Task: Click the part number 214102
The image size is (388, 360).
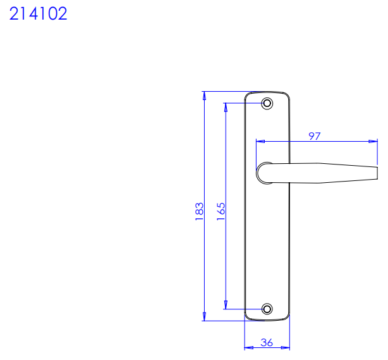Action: (x=39, y=13)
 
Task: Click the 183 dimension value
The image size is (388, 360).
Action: (x=199, y=211)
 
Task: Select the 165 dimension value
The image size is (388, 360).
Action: (x=221, y=211)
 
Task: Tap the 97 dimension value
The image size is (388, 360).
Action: (x=315, y=136)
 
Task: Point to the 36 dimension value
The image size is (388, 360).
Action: (x=267, y=343)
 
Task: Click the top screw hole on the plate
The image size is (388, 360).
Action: (x=267, y=103)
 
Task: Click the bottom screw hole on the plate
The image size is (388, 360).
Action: (x=267, y=309)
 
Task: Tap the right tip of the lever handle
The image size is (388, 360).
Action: (x=377, y=173)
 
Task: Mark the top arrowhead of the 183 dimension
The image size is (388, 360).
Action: (x=204, y=96)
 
